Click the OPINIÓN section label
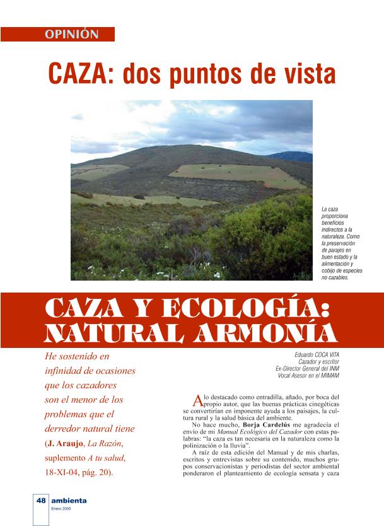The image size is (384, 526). click(72, 35)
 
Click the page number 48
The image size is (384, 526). click(41, 501)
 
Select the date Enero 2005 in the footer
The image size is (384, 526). click(62, 508)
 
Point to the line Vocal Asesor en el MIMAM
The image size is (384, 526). click(305, 376)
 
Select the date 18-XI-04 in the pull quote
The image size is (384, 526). click(64, 472)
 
